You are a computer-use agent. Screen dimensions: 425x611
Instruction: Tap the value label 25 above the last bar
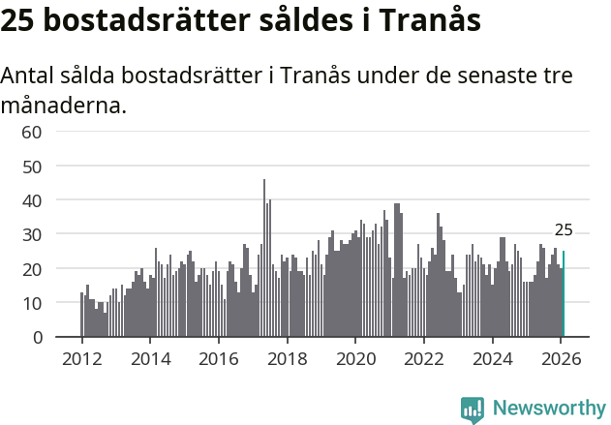point(564,230)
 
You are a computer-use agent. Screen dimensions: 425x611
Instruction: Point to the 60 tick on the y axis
point(32,132)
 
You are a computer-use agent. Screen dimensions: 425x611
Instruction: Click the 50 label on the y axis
point(32,167)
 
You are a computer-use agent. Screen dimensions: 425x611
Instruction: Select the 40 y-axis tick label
point(32,200)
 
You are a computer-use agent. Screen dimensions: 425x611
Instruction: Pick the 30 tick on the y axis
point(32,234)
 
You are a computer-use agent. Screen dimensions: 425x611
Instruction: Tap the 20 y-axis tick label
point(32,269)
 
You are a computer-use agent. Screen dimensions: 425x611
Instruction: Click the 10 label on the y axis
point(32,303)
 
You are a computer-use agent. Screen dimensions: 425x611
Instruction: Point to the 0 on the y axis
point(37,337)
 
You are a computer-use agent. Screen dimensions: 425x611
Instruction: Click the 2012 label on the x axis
point(81,359)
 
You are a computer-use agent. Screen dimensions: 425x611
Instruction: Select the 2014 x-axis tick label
point(150,359)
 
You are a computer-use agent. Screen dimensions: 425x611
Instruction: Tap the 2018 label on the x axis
point(287,359)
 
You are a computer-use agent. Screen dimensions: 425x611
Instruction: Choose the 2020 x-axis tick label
point(355,359)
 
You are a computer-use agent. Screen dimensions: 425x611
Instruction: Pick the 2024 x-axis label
point(493,359)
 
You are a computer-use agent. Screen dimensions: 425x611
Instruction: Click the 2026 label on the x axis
point(561,359)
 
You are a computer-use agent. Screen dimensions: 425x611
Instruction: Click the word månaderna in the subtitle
point(63,104)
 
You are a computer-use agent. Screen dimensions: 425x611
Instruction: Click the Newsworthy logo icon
point(473,410)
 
